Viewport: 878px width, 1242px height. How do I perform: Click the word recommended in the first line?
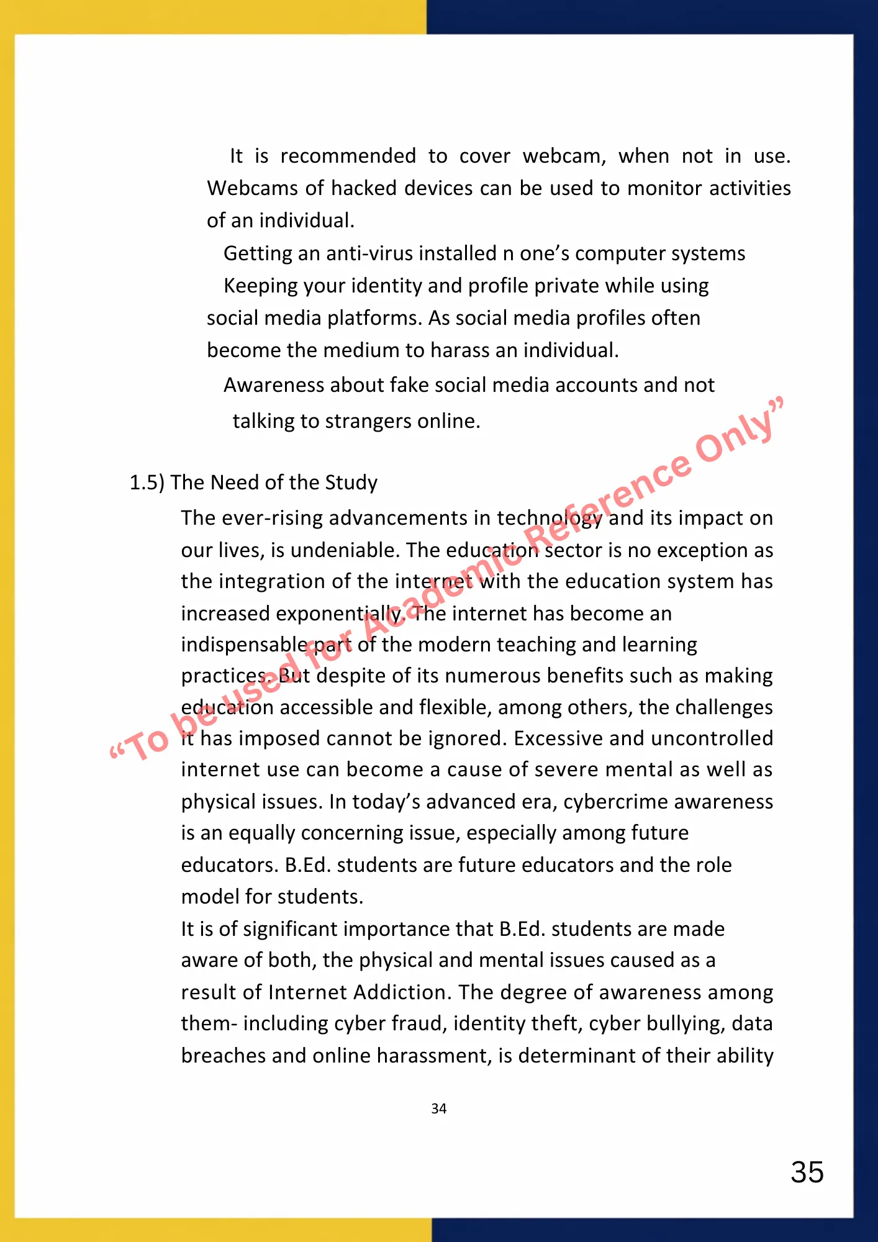click(x=348, y=156)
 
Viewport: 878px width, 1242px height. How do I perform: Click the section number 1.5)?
click(x=147, y=483)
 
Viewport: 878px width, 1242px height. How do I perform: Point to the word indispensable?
click(x=243, y=645)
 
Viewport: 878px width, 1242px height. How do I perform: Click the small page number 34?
click(x=439, y=1108)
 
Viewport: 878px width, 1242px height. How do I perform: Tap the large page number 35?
click(x=807, y=1172)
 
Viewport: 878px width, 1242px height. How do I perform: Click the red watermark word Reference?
click(x=609, y=504)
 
